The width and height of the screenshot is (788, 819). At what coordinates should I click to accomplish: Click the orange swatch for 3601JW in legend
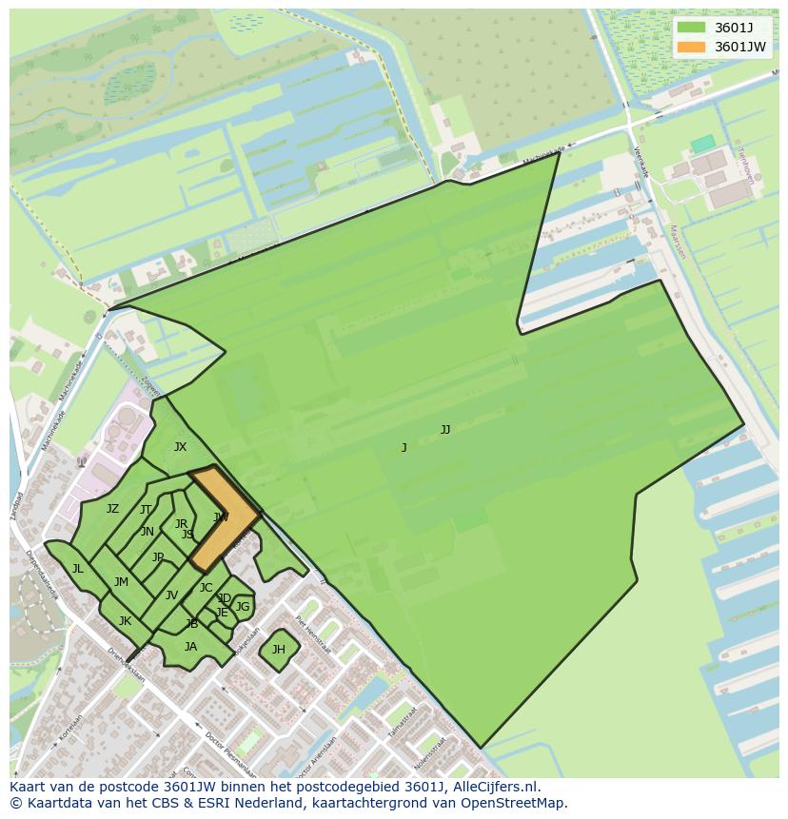tap(692, 47)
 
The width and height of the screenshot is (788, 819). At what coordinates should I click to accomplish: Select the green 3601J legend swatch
tap(692, 28)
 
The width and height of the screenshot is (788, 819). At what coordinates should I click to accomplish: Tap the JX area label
tap(180, 447)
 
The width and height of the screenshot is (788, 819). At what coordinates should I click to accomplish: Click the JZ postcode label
tap(112, 509)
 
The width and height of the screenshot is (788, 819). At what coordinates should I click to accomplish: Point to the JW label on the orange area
tap(221, 517)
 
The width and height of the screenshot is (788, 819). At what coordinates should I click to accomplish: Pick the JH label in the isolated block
tap(279, 650)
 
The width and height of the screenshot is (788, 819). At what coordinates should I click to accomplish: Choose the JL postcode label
tap(77, 569)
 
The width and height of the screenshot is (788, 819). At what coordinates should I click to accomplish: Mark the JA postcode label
tap(190, 647)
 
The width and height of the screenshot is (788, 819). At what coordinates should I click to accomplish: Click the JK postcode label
tap(125, 621)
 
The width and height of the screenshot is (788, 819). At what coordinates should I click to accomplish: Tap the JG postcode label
tap(243, 607)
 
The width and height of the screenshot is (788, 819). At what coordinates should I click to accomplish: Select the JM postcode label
tap(121, 582)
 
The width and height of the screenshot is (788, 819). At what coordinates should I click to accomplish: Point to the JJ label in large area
tap(445, 430)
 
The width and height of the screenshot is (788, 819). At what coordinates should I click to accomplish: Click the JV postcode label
tap(171, 595)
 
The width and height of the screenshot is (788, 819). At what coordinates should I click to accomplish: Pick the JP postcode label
tap(158, 557)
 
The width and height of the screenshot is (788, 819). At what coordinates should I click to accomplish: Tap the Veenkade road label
tap(640, 161)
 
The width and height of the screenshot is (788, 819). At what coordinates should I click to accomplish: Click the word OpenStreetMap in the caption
tap(515, 803)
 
